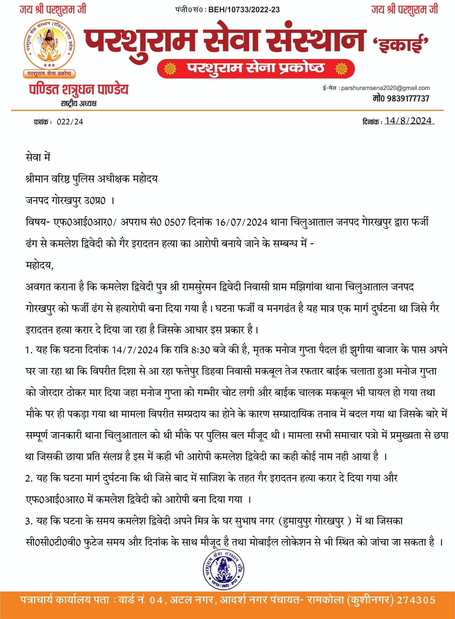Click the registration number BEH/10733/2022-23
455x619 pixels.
click(x=244, y=10)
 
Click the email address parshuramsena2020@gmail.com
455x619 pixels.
click(x=385, y=88)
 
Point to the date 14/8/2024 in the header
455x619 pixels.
click(x=408, y=121)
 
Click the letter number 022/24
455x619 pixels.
click(x=70, y=122)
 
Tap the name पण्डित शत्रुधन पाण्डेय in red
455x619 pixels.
click(x=79, y=90)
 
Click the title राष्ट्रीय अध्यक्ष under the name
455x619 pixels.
click(x=79, y=103)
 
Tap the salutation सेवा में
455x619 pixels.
click(x=38, y=157)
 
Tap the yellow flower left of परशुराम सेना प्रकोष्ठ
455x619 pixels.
click(x=170, y=69)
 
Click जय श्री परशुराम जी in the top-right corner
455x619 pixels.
click(x=405, y=10)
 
